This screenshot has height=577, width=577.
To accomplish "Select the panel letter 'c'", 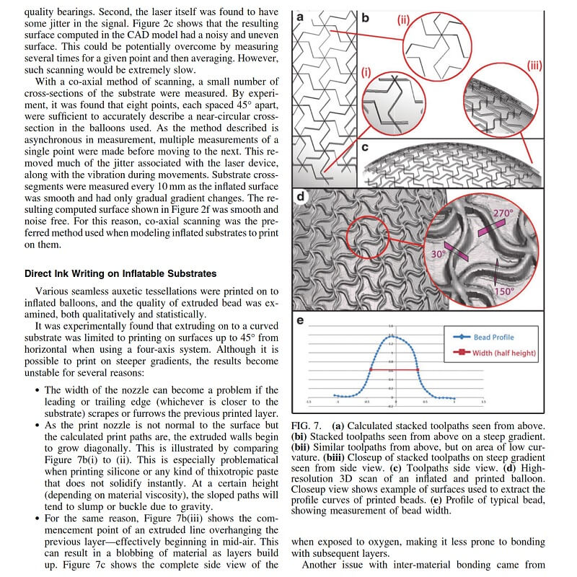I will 366,147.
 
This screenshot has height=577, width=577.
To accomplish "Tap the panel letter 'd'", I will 300,196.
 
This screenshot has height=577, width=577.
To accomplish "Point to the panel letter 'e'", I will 300,321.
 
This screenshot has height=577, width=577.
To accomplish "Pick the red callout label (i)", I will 366,72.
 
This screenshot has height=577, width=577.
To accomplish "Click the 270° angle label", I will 503,213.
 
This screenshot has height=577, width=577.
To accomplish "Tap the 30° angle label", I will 437,255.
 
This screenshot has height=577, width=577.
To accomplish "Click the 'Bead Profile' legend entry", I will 493,337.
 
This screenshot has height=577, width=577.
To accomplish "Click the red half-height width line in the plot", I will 395,370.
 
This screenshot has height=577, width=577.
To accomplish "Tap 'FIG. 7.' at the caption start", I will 307,426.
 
